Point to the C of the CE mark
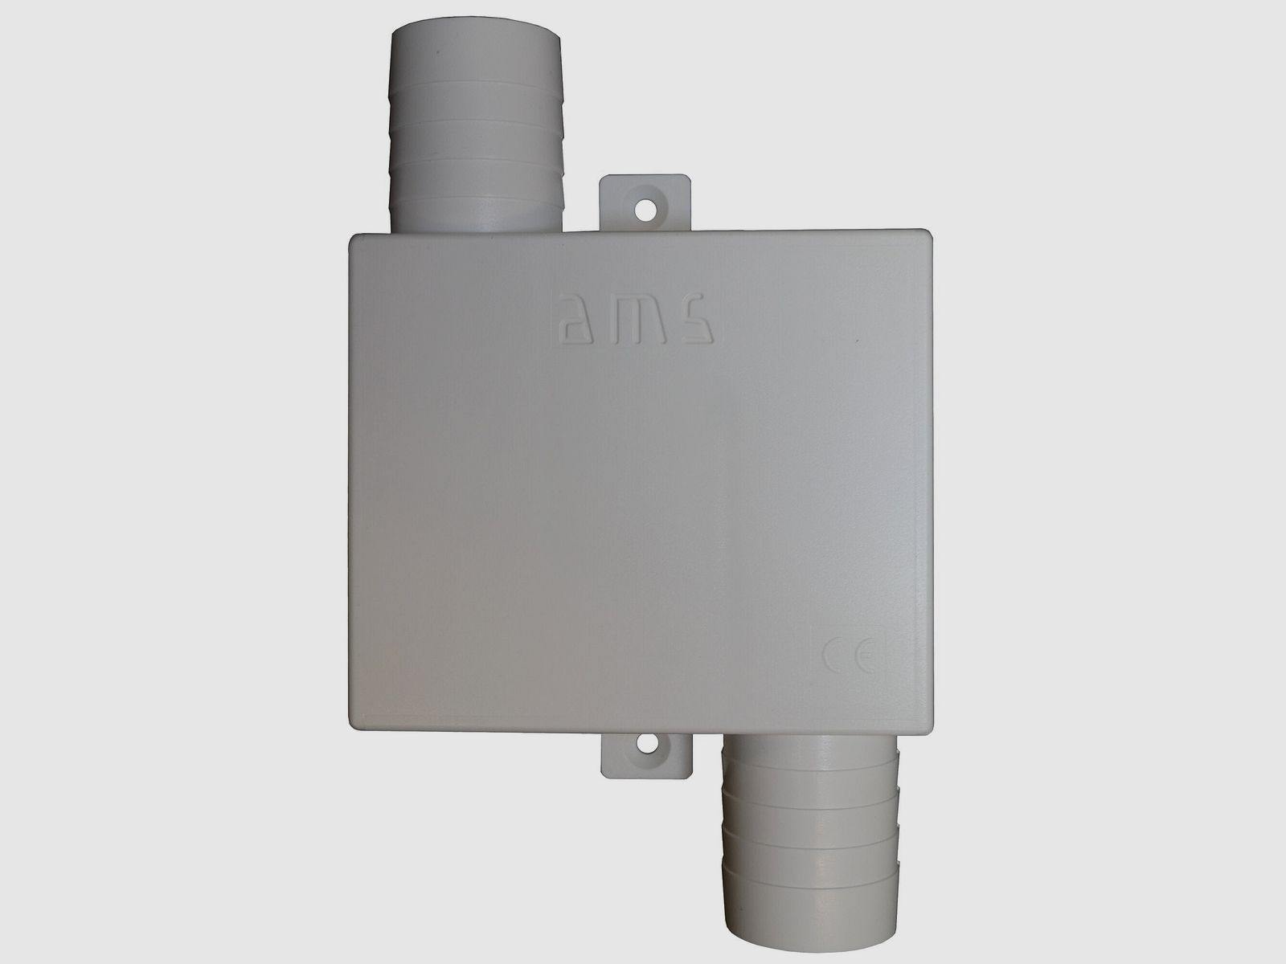pos(833,658)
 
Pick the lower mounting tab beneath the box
pos(647,755)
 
